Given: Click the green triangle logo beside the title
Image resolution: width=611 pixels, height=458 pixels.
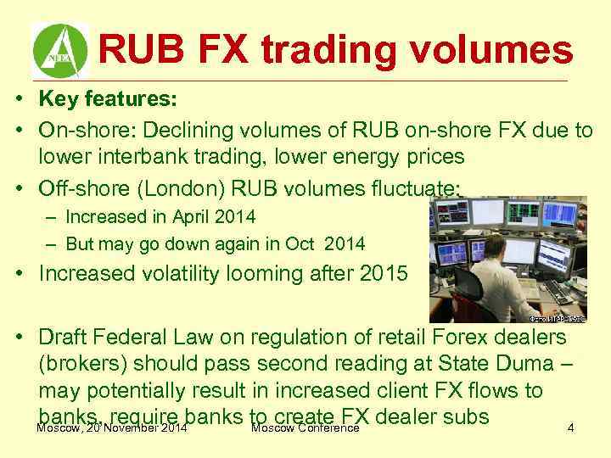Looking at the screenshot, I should (x=60, y=50).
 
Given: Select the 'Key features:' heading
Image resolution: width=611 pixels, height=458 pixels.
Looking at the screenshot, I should (x=107, y=98).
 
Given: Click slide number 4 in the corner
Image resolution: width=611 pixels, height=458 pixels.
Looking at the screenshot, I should (x=570, y=428).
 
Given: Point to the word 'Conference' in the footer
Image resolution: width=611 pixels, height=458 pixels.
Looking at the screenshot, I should (x=327, y=427).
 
